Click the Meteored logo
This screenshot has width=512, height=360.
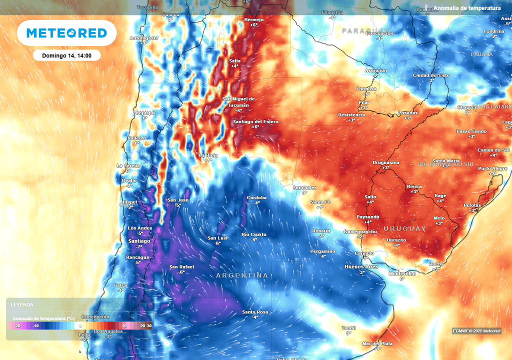click(x=66, y=33)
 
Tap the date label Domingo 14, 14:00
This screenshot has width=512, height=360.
click(x=67, y=55)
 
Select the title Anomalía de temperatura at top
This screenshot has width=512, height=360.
click(x=467, y=8)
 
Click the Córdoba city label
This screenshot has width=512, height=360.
click(x=256, y=197)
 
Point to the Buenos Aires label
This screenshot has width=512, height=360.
click(x=361, y=266)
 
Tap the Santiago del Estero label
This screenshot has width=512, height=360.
click(x=255, y=122)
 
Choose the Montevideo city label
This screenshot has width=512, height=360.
click(x=402, y=273)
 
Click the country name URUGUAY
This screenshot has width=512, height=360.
click(x=404, y=228)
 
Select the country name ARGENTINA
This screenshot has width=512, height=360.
click(x=242, y=275)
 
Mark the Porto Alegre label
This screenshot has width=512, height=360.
click(x=493, y=168)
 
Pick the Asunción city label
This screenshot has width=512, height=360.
click(x=376, y=70)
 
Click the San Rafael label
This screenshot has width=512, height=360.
click(x=181, y=266)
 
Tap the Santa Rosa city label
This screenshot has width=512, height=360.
click(x=255, y=312)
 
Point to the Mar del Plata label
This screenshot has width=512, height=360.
click(x=377, y=343)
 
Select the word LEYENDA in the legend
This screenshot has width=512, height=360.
click(x=22, y=304)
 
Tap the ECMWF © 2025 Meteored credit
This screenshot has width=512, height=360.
click(x=476, y=330)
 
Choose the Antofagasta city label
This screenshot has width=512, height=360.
click(x=144, y=38)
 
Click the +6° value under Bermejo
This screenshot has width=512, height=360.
click(x=254, y=24)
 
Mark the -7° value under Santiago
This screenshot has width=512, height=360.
click(x=139, y=246)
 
